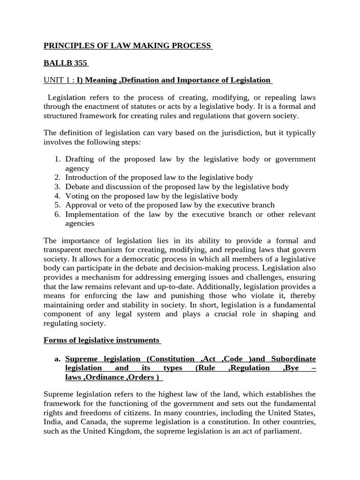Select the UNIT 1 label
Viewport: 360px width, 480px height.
pyautogui.click(x=57, y=80)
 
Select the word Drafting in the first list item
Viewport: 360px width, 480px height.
pyautogui.click(x=80, y=159)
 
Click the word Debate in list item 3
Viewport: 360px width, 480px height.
pyautogui.click(x=77, y=187)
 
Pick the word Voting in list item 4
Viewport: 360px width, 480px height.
pyautogui.click(x=77, y=196)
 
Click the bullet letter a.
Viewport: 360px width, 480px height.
pyautogui.click(x=58, y=359)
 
